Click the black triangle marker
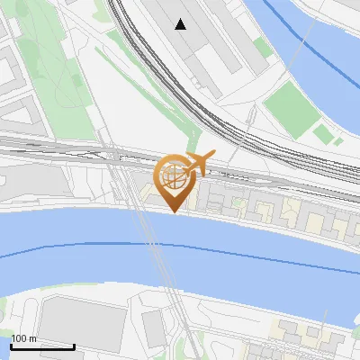(181, 24)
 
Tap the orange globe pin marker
(175, 180)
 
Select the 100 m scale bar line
(42, 346)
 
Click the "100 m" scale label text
(24, 338)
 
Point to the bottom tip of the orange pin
(175, 213)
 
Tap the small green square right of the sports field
(322, 134)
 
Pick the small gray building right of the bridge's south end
(154, 328)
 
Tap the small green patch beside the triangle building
(262, 47)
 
